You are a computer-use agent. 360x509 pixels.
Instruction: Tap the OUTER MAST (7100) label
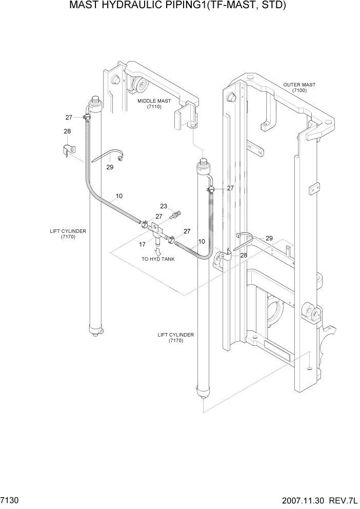[x=299, y=87]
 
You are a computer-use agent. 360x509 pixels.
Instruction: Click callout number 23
[x=164, y=206]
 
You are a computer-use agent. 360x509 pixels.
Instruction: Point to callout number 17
[x=142, y=244]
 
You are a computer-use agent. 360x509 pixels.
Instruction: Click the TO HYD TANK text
[x=158, y=259]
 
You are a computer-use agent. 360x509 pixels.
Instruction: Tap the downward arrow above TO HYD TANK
[x=158, y=251]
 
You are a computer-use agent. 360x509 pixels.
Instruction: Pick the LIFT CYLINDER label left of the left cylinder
[x=68, y=234]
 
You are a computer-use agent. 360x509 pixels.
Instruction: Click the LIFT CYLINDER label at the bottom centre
[x=175, y=338]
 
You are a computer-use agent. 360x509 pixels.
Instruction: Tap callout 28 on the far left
[x=67, y=131]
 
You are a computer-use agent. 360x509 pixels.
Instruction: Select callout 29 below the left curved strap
[x=109, y=167]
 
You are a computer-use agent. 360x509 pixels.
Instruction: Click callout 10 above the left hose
[x=119, y=196]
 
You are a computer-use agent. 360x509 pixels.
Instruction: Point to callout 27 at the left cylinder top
[x=69, y=118]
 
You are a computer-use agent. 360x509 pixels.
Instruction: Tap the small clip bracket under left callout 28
[x=67, y=150]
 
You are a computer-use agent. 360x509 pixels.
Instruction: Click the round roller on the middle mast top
[x=139, y=85]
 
